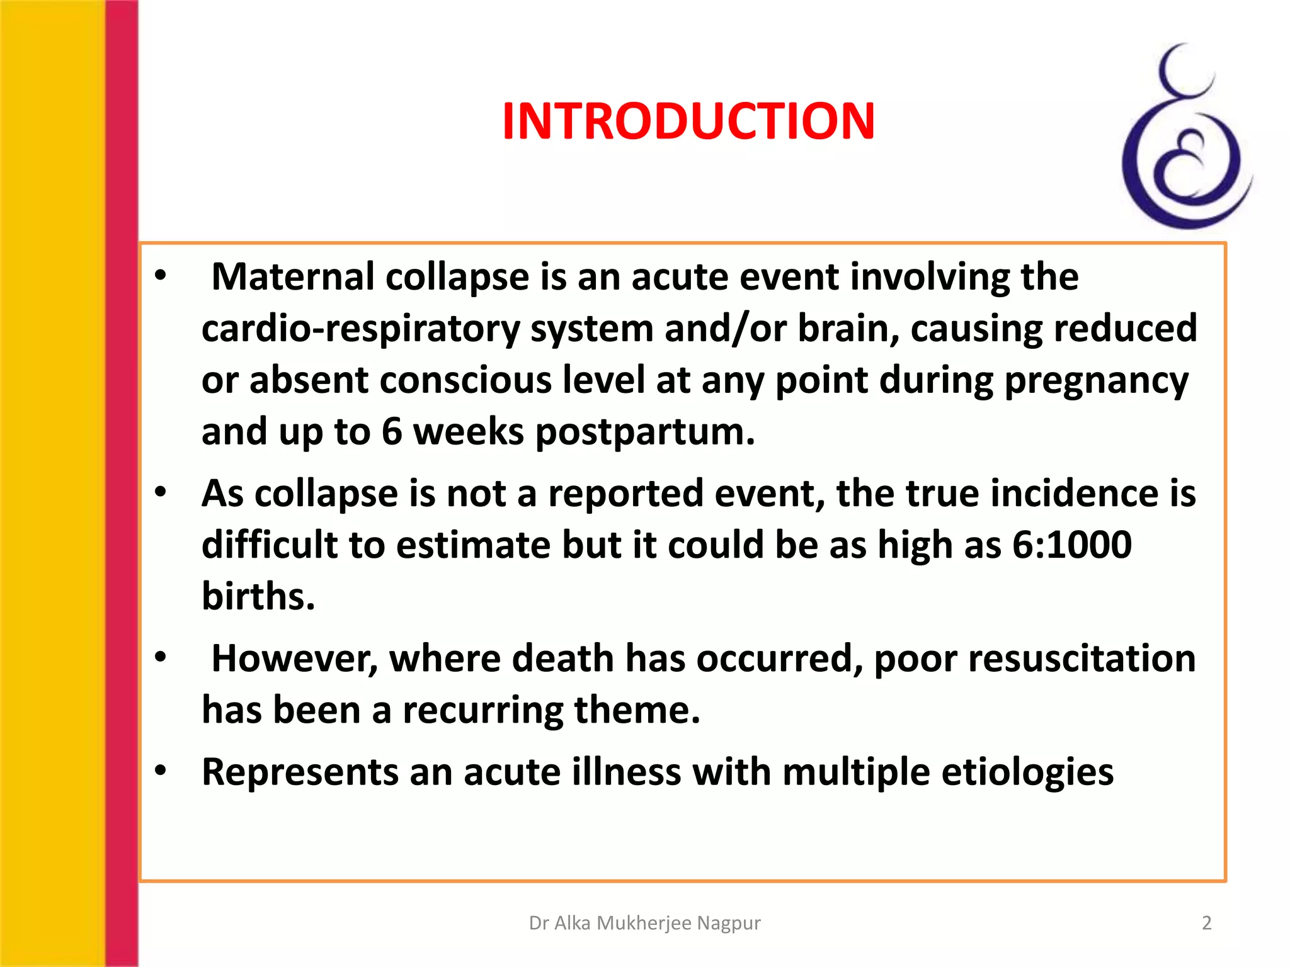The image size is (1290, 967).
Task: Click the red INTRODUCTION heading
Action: tap(688, 122)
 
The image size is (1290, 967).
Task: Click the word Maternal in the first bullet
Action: tap(293, 276)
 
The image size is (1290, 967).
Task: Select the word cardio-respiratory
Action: tap(361, 329)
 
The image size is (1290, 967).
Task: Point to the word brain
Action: tap(848, 329)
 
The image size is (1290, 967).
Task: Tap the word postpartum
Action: tap(644, 433)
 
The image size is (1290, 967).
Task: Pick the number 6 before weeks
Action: tap(391, 433)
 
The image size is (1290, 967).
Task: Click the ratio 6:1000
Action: tap(1071, 545)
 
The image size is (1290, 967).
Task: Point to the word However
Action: tap(294, 659)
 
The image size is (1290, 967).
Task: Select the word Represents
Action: tap(300, 772)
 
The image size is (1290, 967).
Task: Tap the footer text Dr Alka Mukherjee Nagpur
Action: tap(644, 923)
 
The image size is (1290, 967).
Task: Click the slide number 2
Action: tap(1206, 923)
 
